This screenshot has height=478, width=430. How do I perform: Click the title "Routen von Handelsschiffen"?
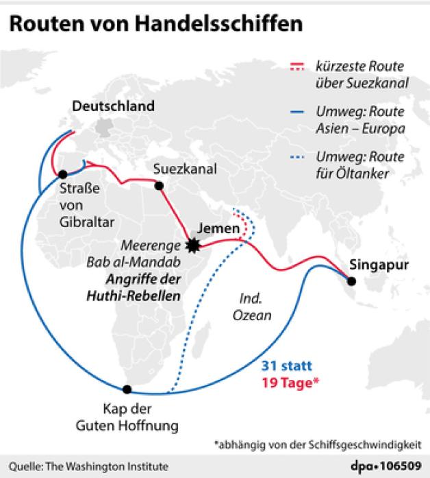(x=155, y=25)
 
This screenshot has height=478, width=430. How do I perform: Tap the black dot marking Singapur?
(x=351, y=280)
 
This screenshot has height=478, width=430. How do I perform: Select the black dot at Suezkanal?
(x=160, y=185)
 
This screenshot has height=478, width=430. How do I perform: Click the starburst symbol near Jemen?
(x=194, y=245)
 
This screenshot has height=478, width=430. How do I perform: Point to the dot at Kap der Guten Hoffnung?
(x=127, y=389)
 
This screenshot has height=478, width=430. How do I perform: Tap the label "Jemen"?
(x=217, y=228)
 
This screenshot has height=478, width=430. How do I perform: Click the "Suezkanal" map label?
(x=175, y=167)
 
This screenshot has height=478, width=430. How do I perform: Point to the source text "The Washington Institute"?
(x=108, y=466)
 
